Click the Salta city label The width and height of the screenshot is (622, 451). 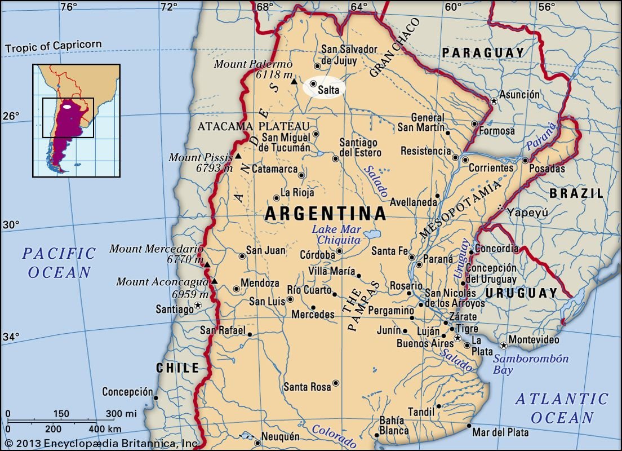point(328,90)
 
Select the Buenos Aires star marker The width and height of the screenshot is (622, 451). point(458,338)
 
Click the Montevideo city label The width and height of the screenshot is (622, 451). point(534,340)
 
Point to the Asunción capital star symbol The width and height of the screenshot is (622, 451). point(494,101)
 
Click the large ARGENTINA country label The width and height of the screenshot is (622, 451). point(325,214)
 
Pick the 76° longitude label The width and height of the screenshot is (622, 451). point(68,7)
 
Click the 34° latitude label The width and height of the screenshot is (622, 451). point(11,337)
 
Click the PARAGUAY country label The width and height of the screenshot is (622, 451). point(483,53)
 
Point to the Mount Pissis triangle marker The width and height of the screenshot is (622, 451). point(238,156)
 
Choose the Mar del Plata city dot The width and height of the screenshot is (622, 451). point(469,426)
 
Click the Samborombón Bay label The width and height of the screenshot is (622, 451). point(531,364)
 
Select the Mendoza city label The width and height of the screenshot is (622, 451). point(260,283)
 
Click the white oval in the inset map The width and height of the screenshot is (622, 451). point(67,106)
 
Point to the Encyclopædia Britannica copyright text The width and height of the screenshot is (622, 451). point(101,444)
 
